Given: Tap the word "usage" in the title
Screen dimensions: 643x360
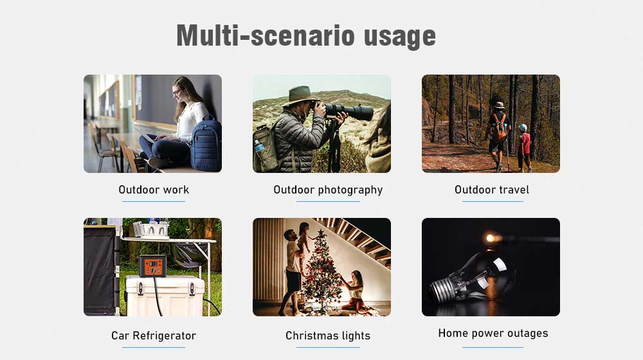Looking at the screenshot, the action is click(x=400, y=37).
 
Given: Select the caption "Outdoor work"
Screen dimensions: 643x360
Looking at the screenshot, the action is click(x=154, y=190).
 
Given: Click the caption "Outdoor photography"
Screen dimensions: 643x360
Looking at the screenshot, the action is click(x=328, y=190).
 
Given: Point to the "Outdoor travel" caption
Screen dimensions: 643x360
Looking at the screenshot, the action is click(x=492, y=190).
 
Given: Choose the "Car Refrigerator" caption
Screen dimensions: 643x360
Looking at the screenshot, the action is click(x=154, y=336).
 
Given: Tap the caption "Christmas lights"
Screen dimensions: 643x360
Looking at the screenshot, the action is click(x=328, y=336).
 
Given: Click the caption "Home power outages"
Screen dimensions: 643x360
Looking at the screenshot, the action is click(x=493, y=334).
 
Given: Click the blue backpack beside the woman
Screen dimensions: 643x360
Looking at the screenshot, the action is click(x=206, y=143).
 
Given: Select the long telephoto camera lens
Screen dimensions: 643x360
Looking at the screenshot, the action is click(x=349, y=111).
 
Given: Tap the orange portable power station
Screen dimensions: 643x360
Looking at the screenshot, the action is click(x=153, y=265).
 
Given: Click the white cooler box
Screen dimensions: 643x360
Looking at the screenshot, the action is click(x=165, y=295).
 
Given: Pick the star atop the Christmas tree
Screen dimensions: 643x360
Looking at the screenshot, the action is click(x=321, y=233).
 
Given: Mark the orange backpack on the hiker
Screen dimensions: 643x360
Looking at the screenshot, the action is click(x=499, y=127).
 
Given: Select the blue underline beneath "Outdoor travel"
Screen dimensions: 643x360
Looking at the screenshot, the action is click(x=493, y=201).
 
